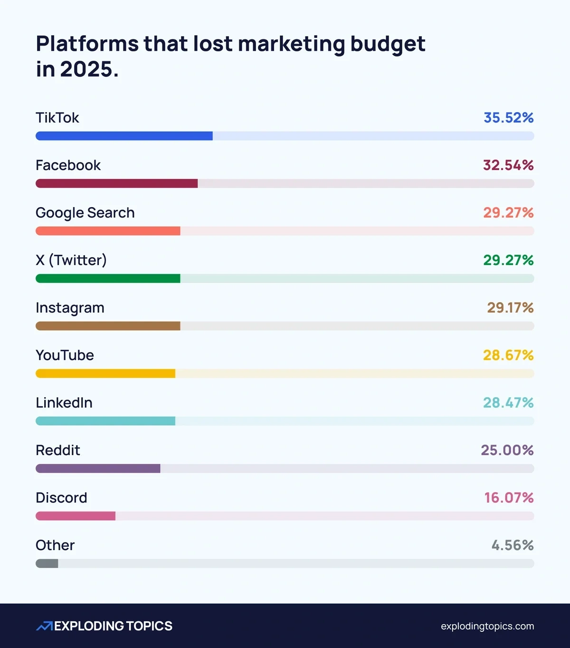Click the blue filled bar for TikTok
pos(124,136)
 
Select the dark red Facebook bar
pos(116,183)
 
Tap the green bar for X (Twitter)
pos(108,278)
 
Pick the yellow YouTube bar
pos(105,373)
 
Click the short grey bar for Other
pos(47,563)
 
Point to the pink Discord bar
pos(76,516)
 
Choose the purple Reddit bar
pos(98,468)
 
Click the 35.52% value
pos(508,117)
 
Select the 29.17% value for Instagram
pos(510,307)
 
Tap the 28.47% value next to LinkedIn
pos(508,402)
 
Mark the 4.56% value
pos(513,545)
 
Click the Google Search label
pos(85,213)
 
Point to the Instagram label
pos(70,308)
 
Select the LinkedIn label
pos(64,402)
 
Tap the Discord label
pos(61,497)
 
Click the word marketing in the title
pos(291,44)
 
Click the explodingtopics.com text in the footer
pos(487,626)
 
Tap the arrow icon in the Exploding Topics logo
pos(45,626)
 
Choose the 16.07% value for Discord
pos(509,497)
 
